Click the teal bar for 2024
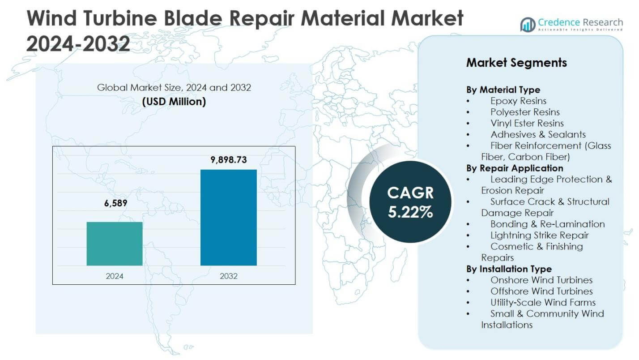pyautogui.click(x=115, y=244)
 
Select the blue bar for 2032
pyautogui.click(x=228, y=218)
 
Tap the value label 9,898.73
pyautogui.click(x=229, y=160)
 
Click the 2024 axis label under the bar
pyautogui.click(x=115, y=276)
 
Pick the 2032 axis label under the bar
pyautogui.click(x=229, y=276)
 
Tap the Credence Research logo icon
pyautogui.click(x=528, y=24)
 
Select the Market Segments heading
pyautogui.click(x=516, y=63)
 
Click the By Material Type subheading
pyautogui.click(x=503, y=90)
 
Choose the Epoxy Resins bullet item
pyautogui.click(x=518, y=101)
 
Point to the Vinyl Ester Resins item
pyautogui.click(x=527, y=123)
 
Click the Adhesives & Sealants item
pyautogui.click(x=538, y=134)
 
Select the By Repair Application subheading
pyautogui.click(x=515, y=168)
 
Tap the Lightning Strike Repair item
pyautogui.click(x=539, y=235)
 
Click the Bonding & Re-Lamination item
pyautogui.click(x=547, y=224)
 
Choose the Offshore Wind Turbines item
pyautogui.click(x=541, y=291)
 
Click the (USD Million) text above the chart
pyautogui.click(x=174, y=102)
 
